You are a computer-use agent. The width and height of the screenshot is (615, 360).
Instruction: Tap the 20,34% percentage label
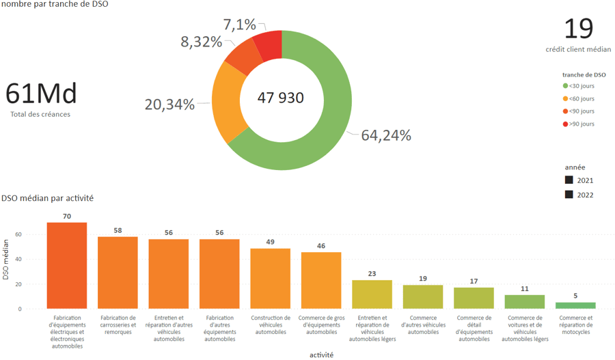(169, 105)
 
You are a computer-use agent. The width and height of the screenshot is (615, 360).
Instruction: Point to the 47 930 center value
(281, 98)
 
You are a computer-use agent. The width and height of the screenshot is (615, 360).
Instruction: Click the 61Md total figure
(41, 94)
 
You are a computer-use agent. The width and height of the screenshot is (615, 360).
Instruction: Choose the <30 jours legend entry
(581, 86)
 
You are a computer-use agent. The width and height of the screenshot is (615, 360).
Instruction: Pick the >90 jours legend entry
(581, 124)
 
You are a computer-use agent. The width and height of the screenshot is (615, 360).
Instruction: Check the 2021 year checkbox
(569, 180)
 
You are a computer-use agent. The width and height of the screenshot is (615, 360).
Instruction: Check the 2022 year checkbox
(569, 195)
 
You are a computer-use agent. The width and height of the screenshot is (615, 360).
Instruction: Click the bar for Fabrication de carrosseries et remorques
(118, 273)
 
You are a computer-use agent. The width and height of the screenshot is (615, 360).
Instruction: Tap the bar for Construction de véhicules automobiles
(270, 278)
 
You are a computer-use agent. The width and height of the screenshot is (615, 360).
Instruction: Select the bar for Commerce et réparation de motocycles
(575, 305)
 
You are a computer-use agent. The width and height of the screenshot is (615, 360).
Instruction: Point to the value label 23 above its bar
(372, 273)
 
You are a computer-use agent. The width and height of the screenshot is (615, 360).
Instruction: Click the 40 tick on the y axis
(18, 259)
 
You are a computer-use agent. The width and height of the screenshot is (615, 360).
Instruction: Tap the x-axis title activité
(321, 355)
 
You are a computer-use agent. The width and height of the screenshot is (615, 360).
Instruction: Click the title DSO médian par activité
(48, 198)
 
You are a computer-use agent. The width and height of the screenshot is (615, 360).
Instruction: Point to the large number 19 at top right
(578, 29)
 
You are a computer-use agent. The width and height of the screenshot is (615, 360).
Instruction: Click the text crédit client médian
(578, 49)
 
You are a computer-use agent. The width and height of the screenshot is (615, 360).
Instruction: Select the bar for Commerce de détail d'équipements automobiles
(474, 298)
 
